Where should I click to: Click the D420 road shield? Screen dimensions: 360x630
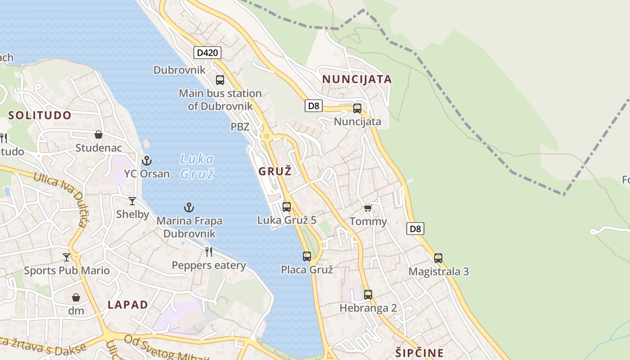207,53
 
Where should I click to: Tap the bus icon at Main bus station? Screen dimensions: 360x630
220,80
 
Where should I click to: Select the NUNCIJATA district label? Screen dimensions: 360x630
357,80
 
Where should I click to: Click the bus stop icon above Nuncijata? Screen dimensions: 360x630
357,108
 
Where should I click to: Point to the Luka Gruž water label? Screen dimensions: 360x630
197,166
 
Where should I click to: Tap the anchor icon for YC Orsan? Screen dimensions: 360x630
147,160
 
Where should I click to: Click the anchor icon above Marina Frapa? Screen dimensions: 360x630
189,207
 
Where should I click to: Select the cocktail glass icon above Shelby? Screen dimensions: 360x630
132,201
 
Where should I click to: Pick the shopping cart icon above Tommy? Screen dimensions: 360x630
368,208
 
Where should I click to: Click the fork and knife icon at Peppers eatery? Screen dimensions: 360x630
209,252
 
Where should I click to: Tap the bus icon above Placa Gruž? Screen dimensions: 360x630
307,256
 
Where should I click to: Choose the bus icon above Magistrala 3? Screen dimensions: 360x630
438,258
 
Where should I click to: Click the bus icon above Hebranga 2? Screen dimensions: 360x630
368,295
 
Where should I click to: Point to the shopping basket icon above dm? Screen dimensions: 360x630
76,297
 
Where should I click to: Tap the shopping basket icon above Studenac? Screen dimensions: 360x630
99,135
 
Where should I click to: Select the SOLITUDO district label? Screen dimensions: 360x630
40,115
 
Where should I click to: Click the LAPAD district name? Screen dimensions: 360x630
128,305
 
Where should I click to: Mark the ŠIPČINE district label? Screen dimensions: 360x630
420,353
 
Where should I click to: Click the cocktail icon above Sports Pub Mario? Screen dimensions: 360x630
67,257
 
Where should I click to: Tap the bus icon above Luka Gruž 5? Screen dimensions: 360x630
287,207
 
